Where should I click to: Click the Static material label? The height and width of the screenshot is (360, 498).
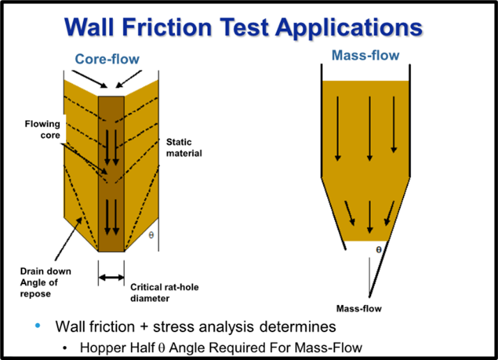coord(183,147)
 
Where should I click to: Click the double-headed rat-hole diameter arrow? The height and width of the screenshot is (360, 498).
coord(112,278)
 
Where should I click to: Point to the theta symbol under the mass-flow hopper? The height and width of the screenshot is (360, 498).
coord(378,249)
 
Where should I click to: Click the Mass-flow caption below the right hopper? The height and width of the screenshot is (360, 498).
coord(358,308)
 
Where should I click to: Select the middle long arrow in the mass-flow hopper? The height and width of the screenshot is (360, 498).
coord(369,128)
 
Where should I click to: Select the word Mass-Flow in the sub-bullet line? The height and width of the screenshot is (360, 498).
coord(335,347)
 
